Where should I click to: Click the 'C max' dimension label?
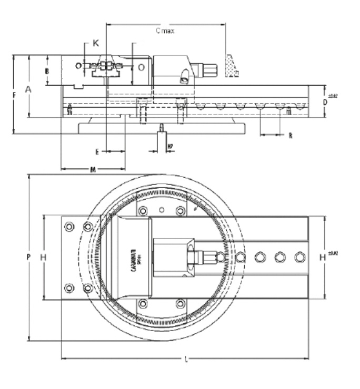(x=165, y=31)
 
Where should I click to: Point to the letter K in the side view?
(x=95, y=43)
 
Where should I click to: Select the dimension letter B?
(x=47, y=70)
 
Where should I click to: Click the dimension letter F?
(x=14, y=95)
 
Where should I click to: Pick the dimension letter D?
(x=325, y=103)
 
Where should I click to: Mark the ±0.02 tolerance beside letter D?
(x=332, y=96)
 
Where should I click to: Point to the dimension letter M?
(x=93, y=169)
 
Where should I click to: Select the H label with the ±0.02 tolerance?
(x=324, y=257)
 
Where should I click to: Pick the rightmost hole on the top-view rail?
(x=299, y=257)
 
